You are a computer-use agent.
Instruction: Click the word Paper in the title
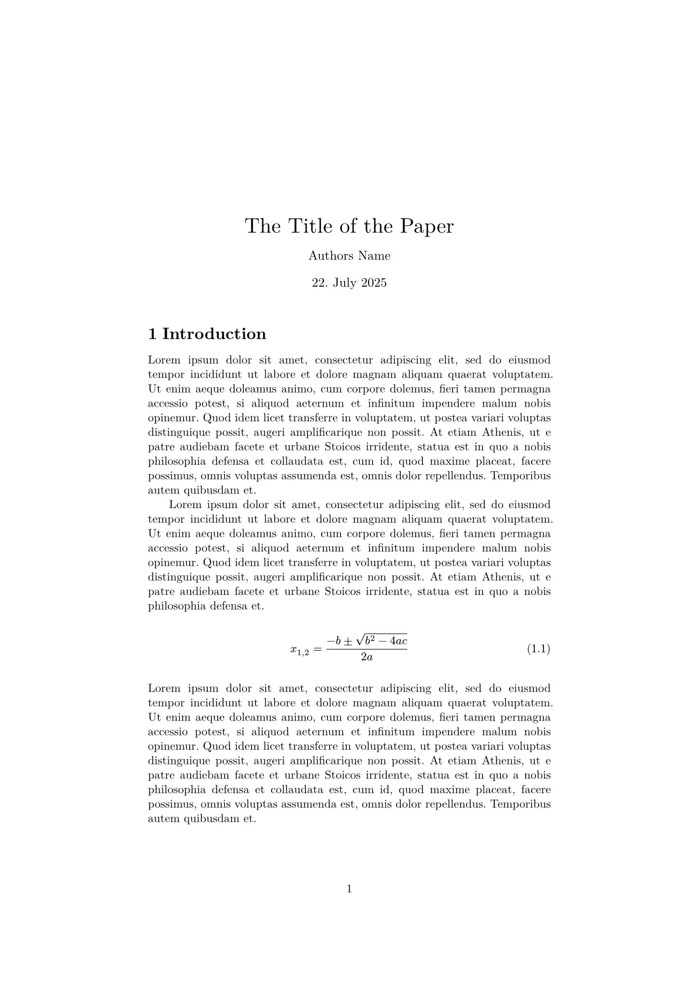(427, 226)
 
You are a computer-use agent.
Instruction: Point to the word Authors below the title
(330, 256)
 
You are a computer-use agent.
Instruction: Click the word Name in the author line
(374, 256)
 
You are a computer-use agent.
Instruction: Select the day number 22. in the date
(319, 283)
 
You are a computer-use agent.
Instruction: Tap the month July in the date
(345, 283)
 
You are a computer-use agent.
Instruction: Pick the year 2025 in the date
(374, 283)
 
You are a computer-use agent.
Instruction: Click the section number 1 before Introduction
(153, 334)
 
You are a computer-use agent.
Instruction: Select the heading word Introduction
(214, 334)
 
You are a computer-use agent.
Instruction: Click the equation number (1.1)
(538, 649)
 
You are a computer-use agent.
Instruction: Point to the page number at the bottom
(349, 889)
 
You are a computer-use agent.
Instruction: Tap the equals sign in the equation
(317, 649)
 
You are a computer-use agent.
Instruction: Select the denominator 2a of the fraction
(367, 658)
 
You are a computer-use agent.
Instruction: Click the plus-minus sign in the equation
(349, 641)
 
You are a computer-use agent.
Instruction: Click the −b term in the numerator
(334, 641)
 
